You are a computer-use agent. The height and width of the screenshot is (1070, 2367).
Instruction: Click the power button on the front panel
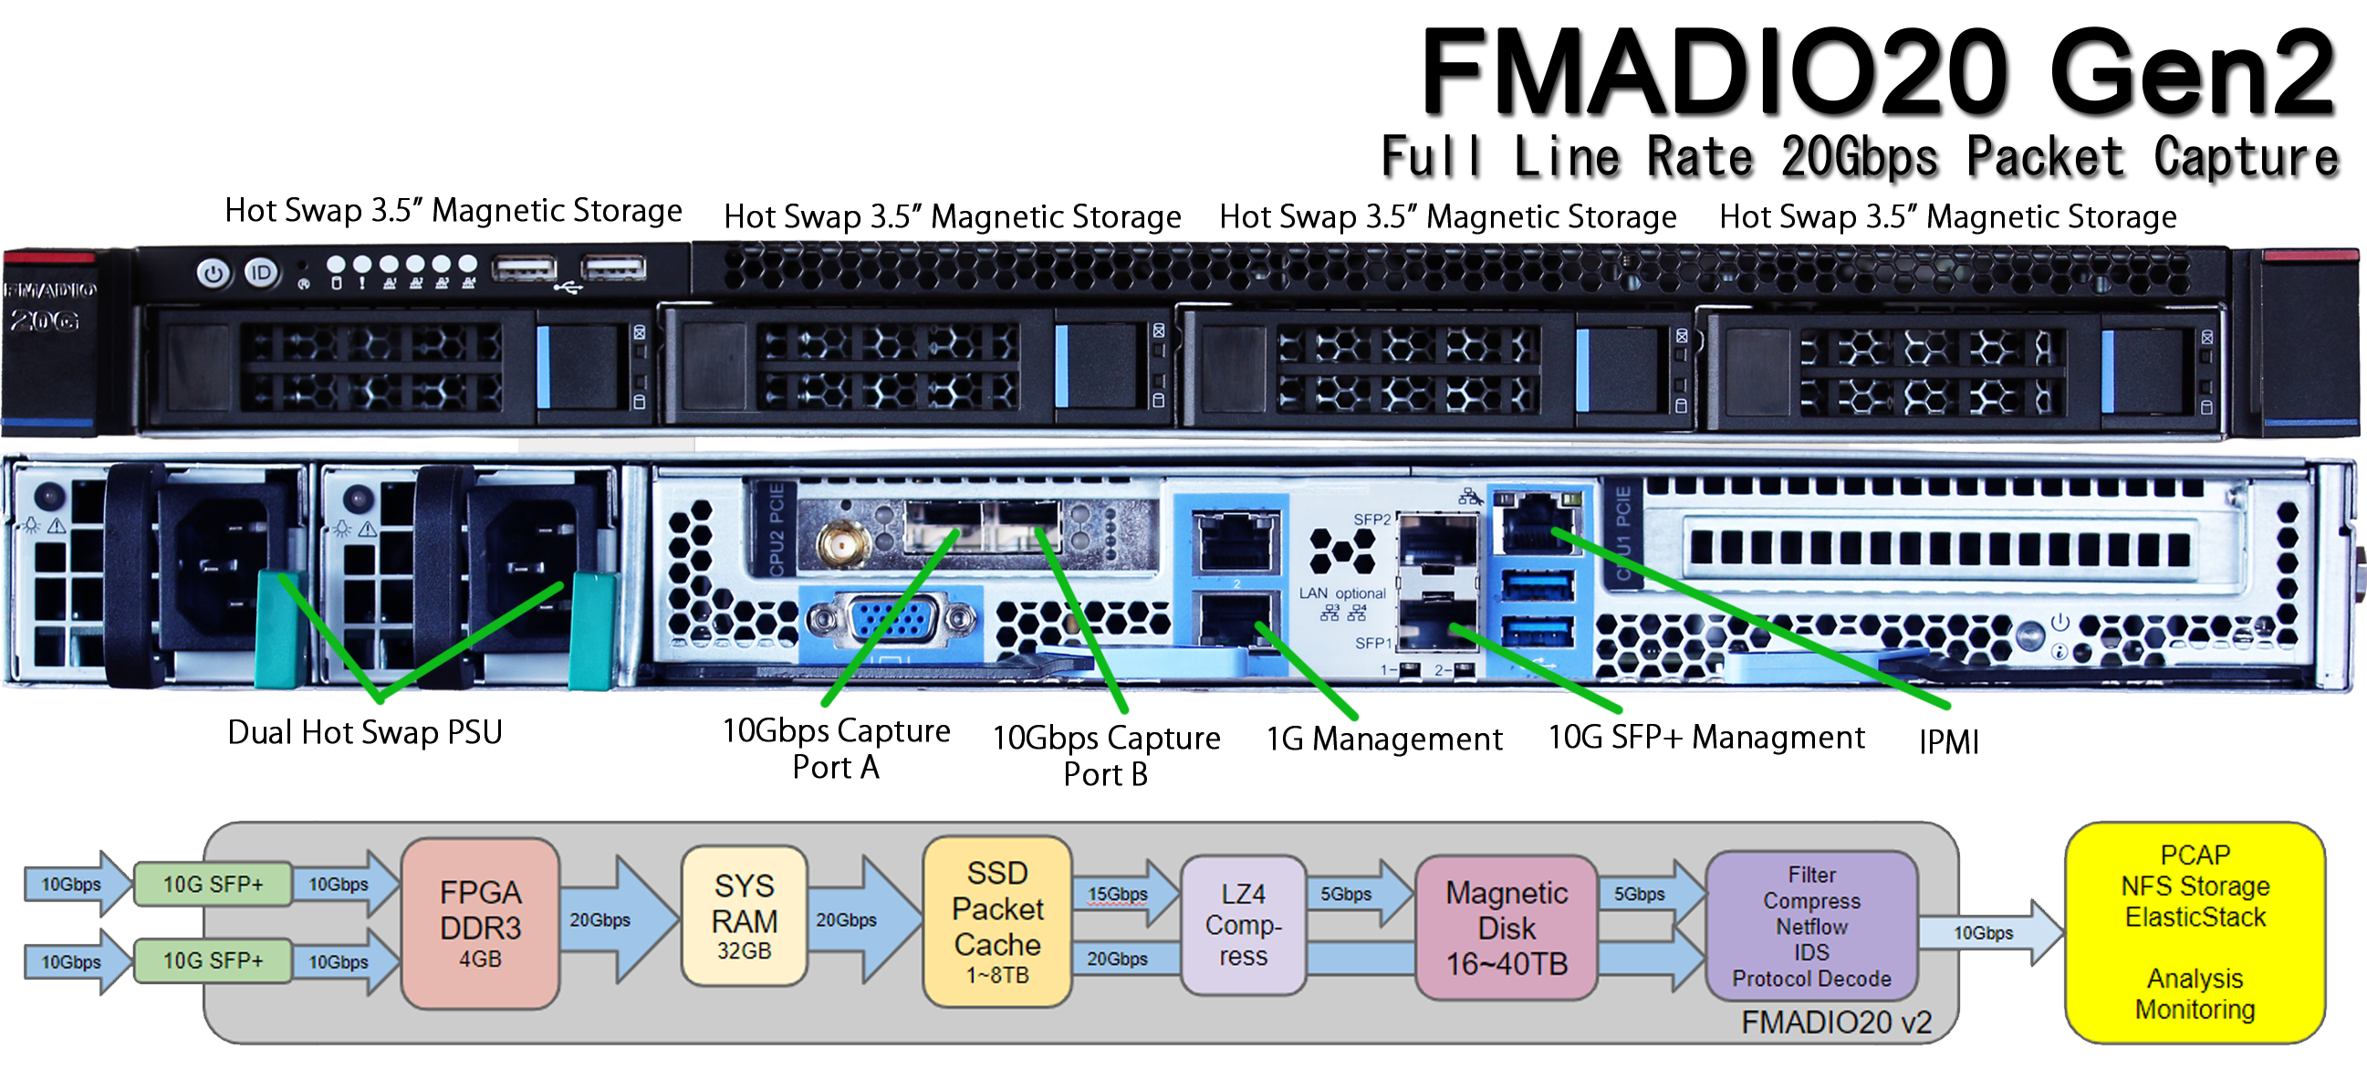coord(214,273)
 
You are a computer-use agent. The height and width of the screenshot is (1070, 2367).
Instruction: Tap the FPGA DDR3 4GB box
coord(480,922)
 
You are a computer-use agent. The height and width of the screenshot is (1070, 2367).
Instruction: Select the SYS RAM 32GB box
coord(744,916)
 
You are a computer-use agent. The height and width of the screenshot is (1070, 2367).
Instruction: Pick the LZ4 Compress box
coord(1242,924)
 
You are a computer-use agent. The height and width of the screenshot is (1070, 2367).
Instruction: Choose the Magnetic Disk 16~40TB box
coord(1506,927)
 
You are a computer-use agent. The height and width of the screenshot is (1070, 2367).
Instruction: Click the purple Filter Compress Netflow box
coord(1810,925)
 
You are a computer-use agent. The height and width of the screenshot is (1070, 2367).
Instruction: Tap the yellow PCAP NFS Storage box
coord(2195,931)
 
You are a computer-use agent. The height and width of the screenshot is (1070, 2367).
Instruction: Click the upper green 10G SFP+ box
coord(214,884)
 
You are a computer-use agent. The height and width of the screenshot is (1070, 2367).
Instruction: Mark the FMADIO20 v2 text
coord(1835,1022)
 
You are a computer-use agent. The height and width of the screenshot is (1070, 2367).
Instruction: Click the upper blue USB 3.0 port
coord(1536,584)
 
